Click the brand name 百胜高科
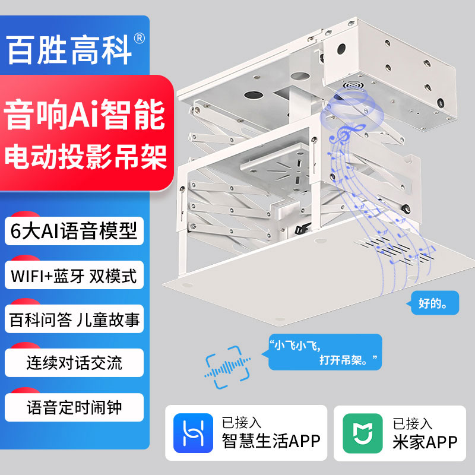tap(68, 49)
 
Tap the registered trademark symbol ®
tap(140, 38)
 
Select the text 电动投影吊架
tap(84, 155)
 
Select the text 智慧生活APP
tap(271, 441)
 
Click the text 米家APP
tap(425, 441)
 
